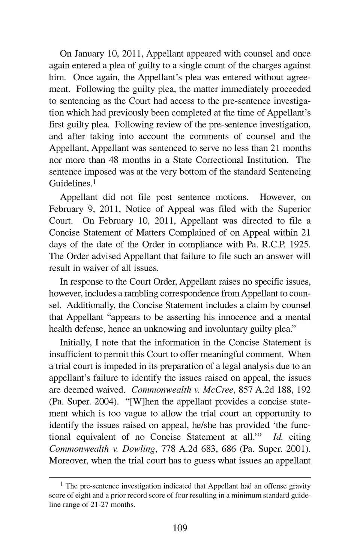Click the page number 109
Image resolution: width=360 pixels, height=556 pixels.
pos(180,528)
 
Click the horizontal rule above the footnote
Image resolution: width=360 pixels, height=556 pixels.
pos(180,477)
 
